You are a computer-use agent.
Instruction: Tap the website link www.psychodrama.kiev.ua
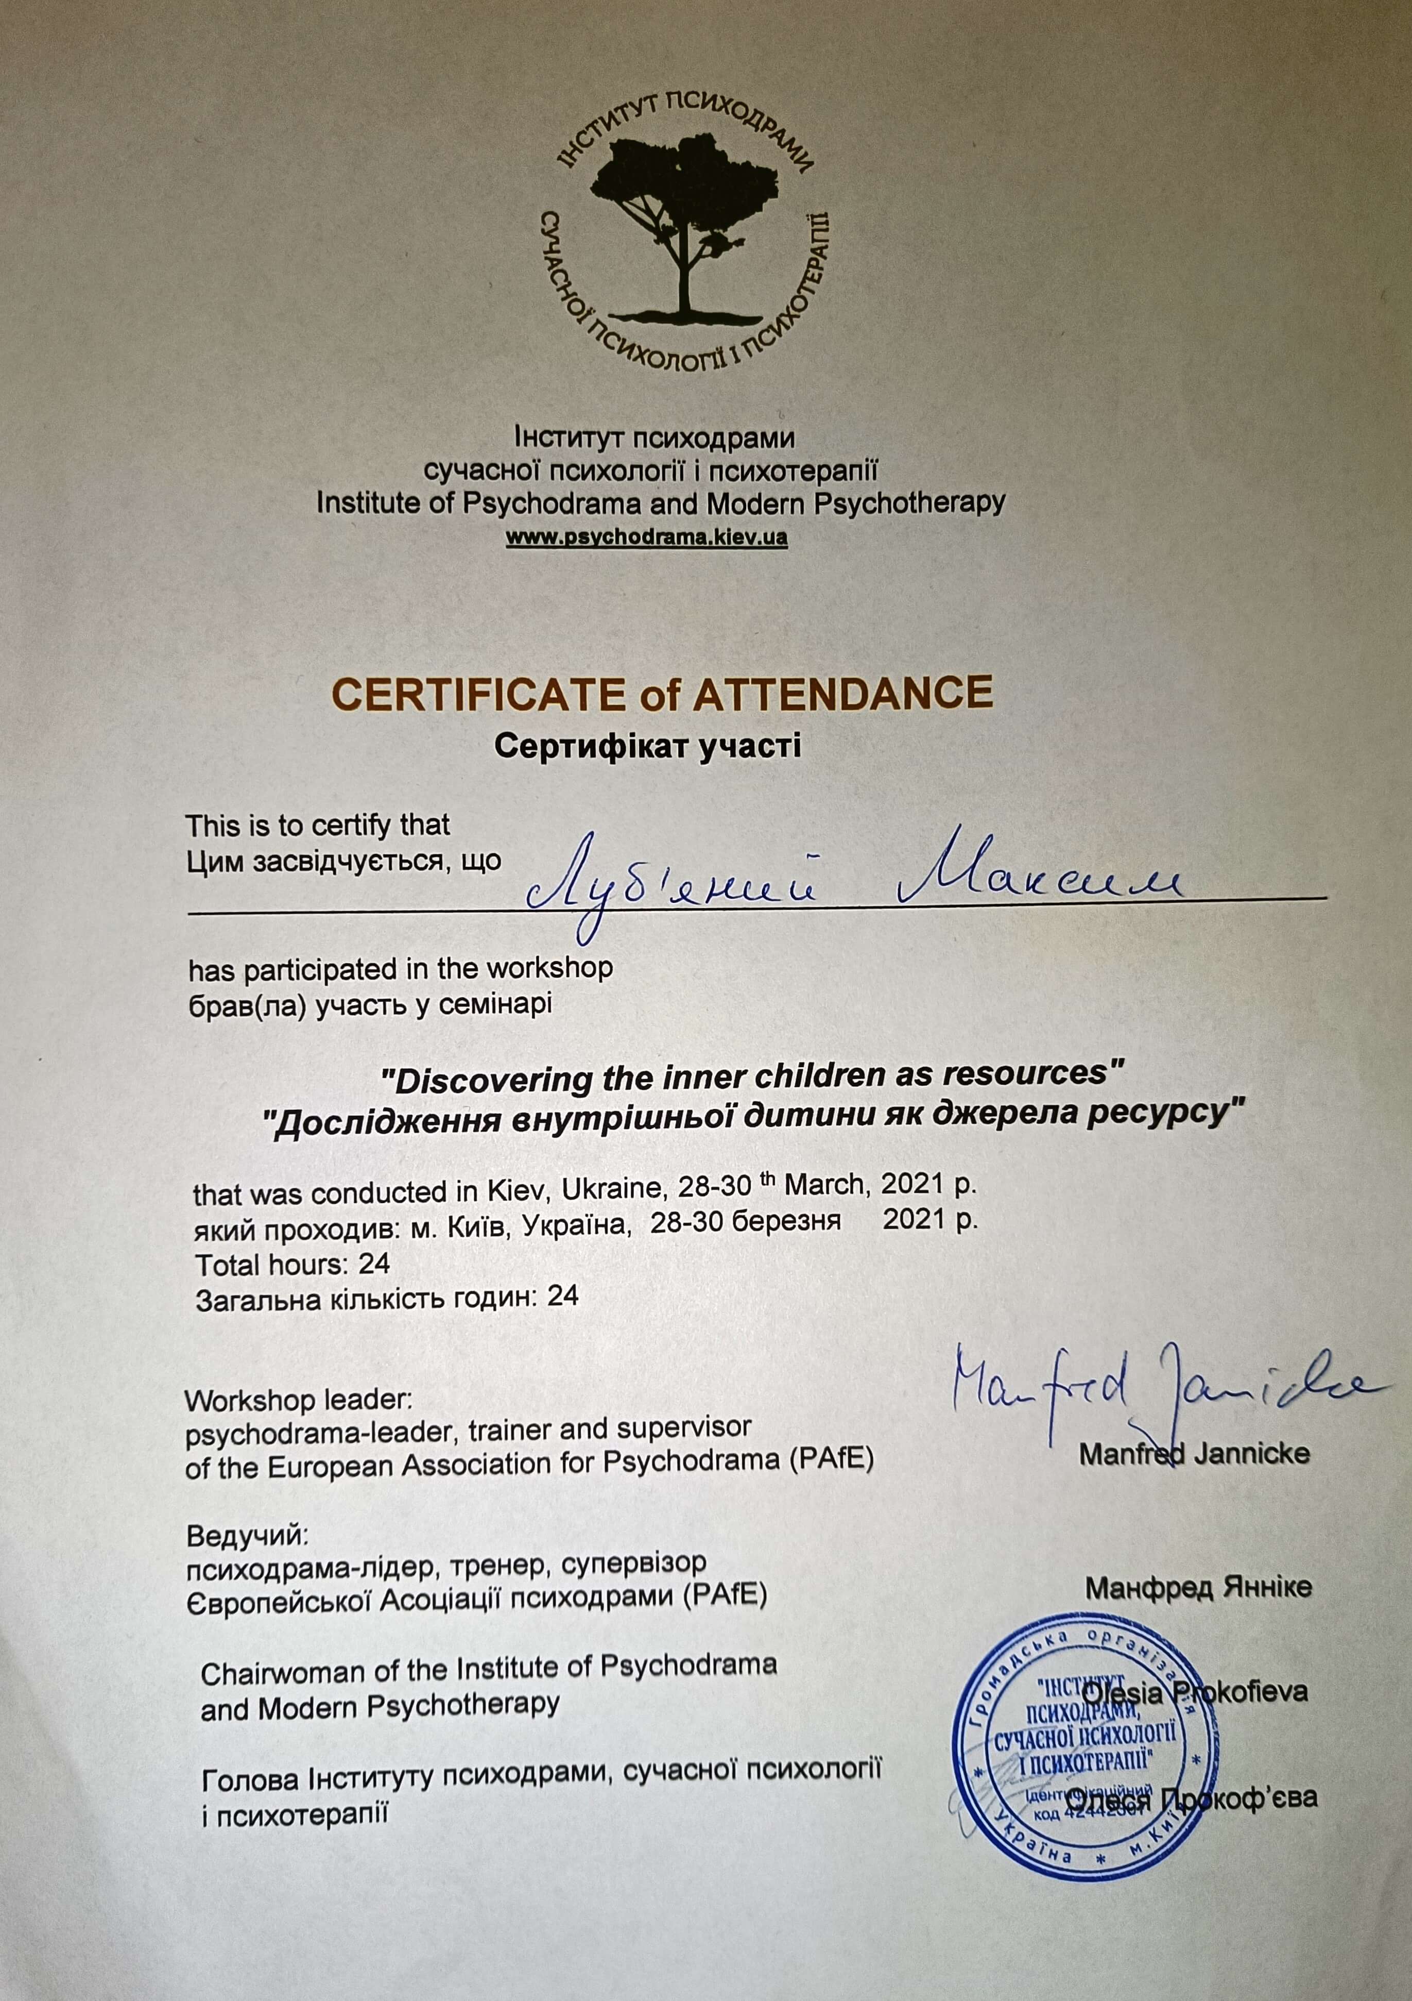click(x=647, y=537)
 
